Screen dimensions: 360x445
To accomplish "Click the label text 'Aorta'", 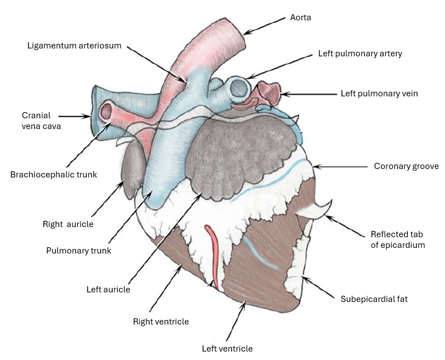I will point(300,18).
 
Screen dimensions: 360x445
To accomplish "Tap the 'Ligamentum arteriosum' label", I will point(74,45).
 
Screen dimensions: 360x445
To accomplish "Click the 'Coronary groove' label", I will point(406,166).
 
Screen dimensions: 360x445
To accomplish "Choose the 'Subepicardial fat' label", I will point(374,299).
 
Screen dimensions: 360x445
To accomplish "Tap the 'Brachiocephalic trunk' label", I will point(54,175).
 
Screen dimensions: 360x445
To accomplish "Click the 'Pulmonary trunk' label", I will point(78,251).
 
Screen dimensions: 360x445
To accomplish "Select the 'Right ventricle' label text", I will point(161,322).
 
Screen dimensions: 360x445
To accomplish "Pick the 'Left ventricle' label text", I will point(227,348).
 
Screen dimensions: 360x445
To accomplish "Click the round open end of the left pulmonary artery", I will point(238,88).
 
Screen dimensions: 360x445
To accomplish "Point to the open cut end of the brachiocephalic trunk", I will point(106,111).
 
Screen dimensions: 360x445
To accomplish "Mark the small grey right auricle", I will point(131,169).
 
